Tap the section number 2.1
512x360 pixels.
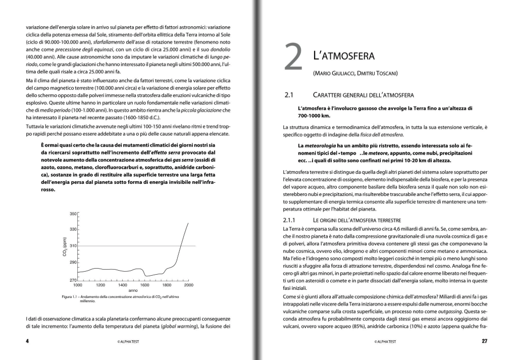[289, 95]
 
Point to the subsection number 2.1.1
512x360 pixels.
[291, 221]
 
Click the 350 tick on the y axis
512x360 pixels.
[73, 214]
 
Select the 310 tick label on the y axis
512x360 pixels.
[73, 246]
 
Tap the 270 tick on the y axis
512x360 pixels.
[73, 280]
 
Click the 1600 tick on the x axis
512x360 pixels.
[144, 285]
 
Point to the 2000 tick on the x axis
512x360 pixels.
[188, 285]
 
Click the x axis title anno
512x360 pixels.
[133, 291]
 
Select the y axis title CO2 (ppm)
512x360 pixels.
[65, 246]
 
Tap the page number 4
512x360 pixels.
[27, 341]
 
